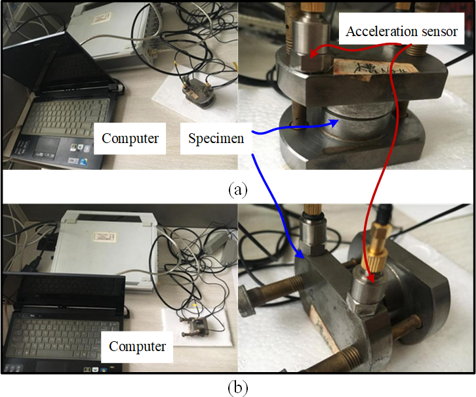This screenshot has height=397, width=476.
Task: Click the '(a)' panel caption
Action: click(237, 190)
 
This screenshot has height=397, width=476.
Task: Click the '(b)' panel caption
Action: click(237, 387)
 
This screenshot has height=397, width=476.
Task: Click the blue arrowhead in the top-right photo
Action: click(336, 121)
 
